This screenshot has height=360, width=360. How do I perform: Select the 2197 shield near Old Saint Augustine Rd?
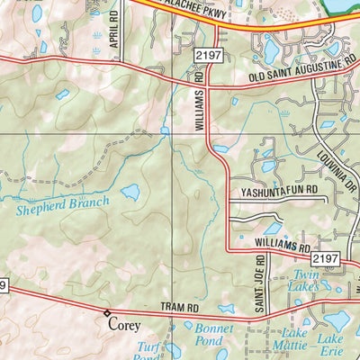click(x=203, y=57)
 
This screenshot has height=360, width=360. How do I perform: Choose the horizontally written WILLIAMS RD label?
click(x=282, y=245)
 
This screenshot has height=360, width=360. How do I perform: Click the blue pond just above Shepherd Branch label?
click(x=130, y=192)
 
